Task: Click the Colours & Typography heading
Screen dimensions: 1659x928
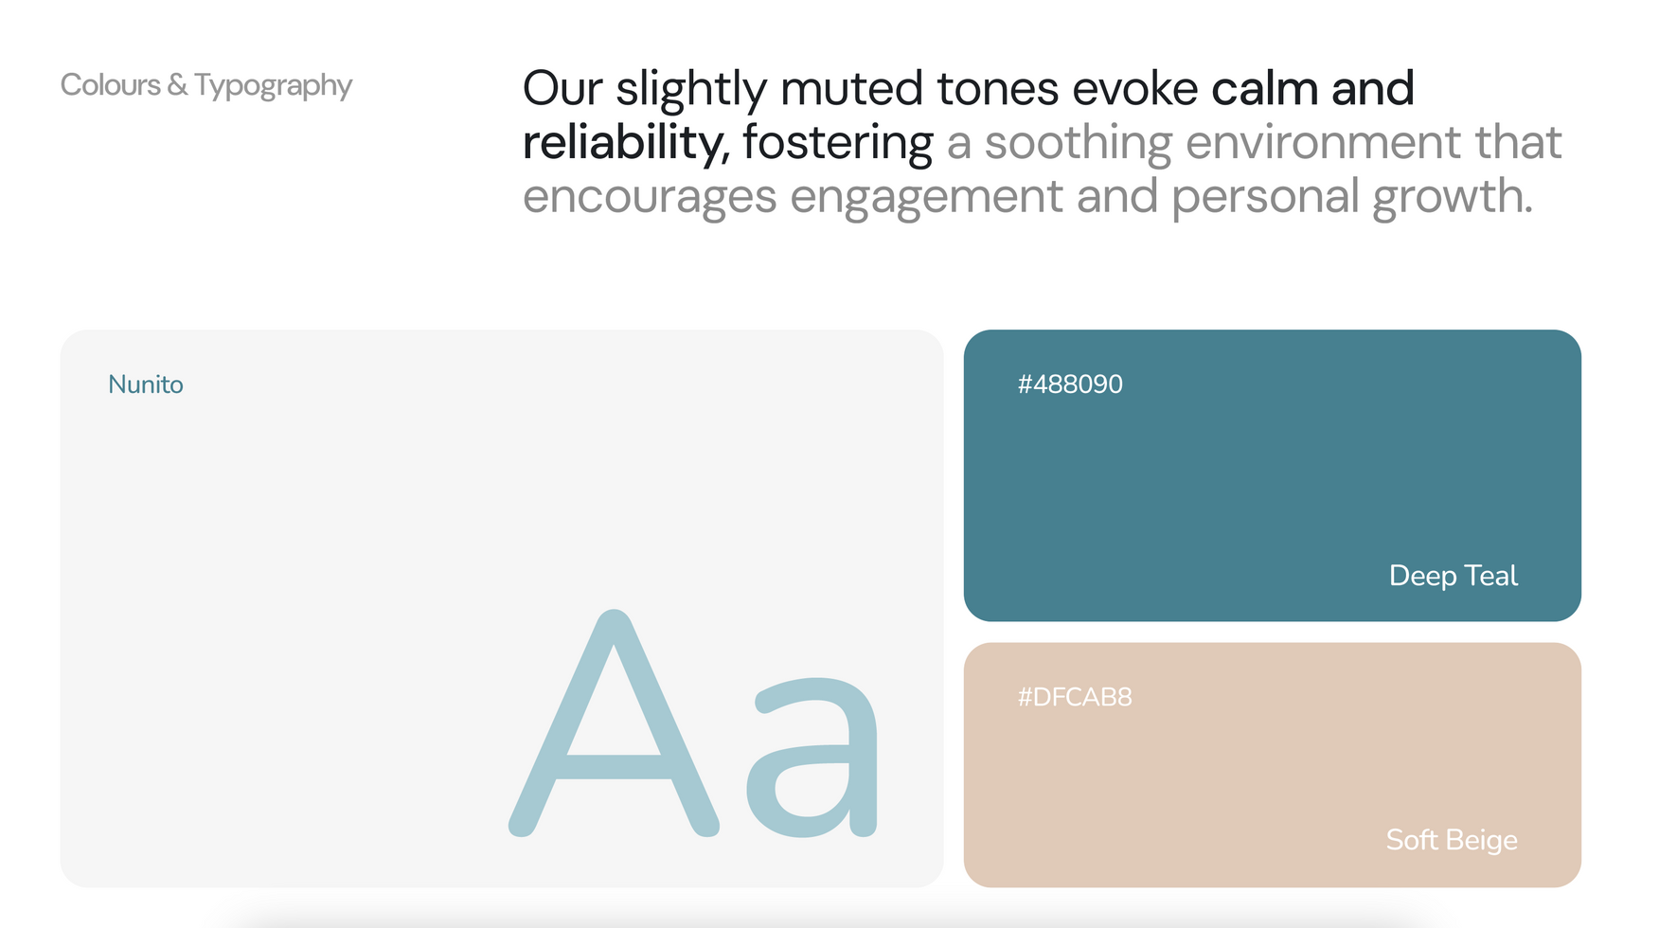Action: (x=206, y=86)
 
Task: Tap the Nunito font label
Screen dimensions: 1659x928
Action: (x=146, y=384)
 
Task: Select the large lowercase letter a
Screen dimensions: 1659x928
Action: (x=812, y=758)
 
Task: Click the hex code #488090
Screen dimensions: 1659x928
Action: (x=1070, y=384)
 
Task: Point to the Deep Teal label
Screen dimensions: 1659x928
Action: (x=1454, y=576)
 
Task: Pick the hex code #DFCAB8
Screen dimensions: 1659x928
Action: (x=1075, y=697)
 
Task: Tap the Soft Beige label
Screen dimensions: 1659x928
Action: (x=1452, y=840)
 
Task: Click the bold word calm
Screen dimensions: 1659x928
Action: (x=1265, y=88)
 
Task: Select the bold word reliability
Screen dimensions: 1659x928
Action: (x=626, y=144)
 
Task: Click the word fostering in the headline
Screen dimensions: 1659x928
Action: (x=838, y=144)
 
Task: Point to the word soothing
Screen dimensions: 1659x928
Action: (x=1079, y=144)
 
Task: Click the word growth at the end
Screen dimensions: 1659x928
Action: (x=1453, y=198)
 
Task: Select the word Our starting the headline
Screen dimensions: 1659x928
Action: (x=562, y=89)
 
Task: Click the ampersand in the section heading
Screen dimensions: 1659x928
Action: (x=178, y=85)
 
